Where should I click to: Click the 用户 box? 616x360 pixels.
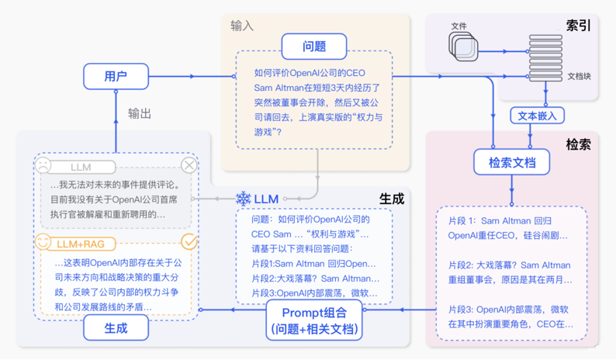tap(115, 76)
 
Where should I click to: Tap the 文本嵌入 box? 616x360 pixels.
tap(537, 115)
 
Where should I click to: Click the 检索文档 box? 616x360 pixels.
tap(511, 162)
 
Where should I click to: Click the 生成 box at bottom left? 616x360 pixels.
tap(116, 328)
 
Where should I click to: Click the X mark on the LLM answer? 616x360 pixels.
tap(189, 165)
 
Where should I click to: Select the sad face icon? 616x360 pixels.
tap(43, 165)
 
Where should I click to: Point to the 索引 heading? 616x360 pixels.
tap(578, 26)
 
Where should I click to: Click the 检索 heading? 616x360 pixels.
tap(578, 144)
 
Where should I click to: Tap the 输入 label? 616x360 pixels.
tap(242, 26)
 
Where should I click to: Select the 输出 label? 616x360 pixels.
tap(140, 113)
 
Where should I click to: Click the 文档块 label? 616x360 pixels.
tap(579, 76)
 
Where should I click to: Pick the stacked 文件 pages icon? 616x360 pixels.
tap(463, 46)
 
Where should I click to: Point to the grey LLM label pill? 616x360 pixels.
tap(81, 167)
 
